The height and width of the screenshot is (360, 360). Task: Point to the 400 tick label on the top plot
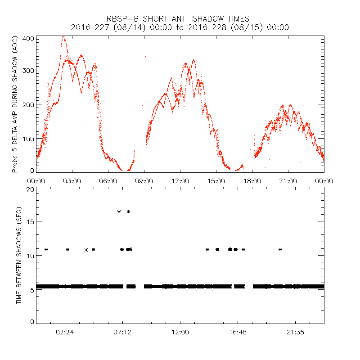tap(28, 38)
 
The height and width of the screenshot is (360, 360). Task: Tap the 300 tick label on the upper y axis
tap(28, 71)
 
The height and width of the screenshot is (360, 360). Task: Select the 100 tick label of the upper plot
tap(28, 138)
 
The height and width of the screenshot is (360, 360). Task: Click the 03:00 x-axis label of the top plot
tap(72, 180)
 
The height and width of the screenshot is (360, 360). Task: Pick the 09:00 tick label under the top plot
tap(144, 180)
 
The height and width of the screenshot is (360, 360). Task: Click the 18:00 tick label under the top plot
tap(252, 180)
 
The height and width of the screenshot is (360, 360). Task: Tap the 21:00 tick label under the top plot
tap(288, 180)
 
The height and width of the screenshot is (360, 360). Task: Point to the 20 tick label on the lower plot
tap(30, 189)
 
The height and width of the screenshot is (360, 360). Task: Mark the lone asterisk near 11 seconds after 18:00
tap(280, 249)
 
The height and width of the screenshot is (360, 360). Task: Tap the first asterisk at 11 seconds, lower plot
tap(46, 249)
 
